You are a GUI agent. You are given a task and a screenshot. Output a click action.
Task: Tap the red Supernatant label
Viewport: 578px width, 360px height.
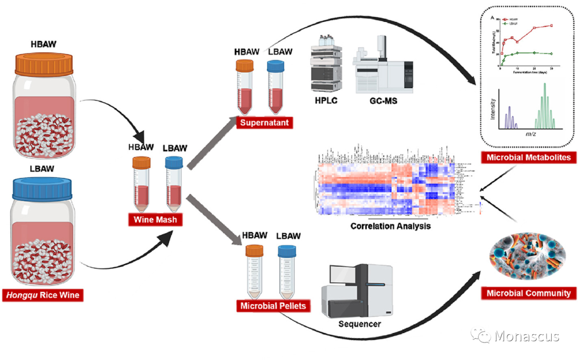point(264,123)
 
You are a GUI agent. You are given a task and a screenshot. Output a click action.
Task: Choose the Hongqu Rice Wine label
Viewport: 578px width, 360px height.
point(43,294)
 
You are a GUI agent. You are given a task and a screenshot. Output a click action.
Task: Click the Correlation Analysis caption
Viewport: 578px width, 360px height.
point(391,226)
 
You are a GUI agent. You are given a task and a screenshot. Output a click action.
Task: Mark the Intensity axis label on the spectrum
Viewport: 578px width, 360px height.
point(492,107)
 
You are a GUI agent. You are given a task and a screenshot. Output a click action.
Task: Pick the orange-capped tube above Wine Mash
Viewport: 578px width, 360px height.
point(142,182)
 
